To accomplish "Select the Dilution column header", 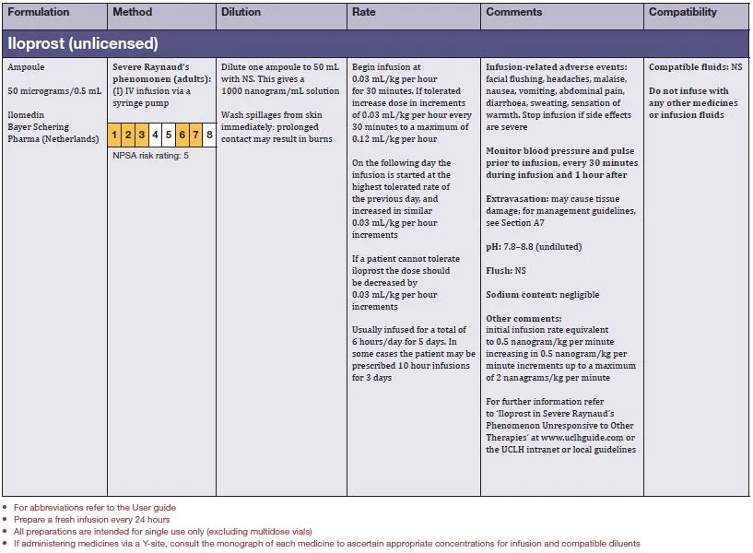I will tap(241, 13).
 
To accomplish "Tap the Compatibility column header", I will tap(683, 13).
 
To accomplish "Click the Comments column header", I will tap(514, 13).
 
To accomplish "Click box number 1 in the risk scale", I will tap(114, 135).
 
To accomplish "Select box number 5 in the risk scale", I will tap(169, 135).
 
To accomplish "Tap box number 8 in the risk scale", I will tap(210, 135).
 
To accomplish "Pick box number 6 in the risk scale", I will tap(182, 135).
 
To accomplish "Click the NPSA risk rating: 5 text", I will tap(150, 156).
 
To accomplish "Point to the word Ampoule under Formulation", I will tap(26, 67).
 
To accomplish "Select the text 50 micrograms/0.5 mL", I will tap(54, 91).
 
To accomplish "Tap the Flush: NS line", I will tap(507, 271).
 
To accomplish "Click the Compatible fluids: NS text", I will tap(695, 67).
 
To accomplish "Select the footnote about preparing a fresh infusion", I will tap(85, 520).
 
